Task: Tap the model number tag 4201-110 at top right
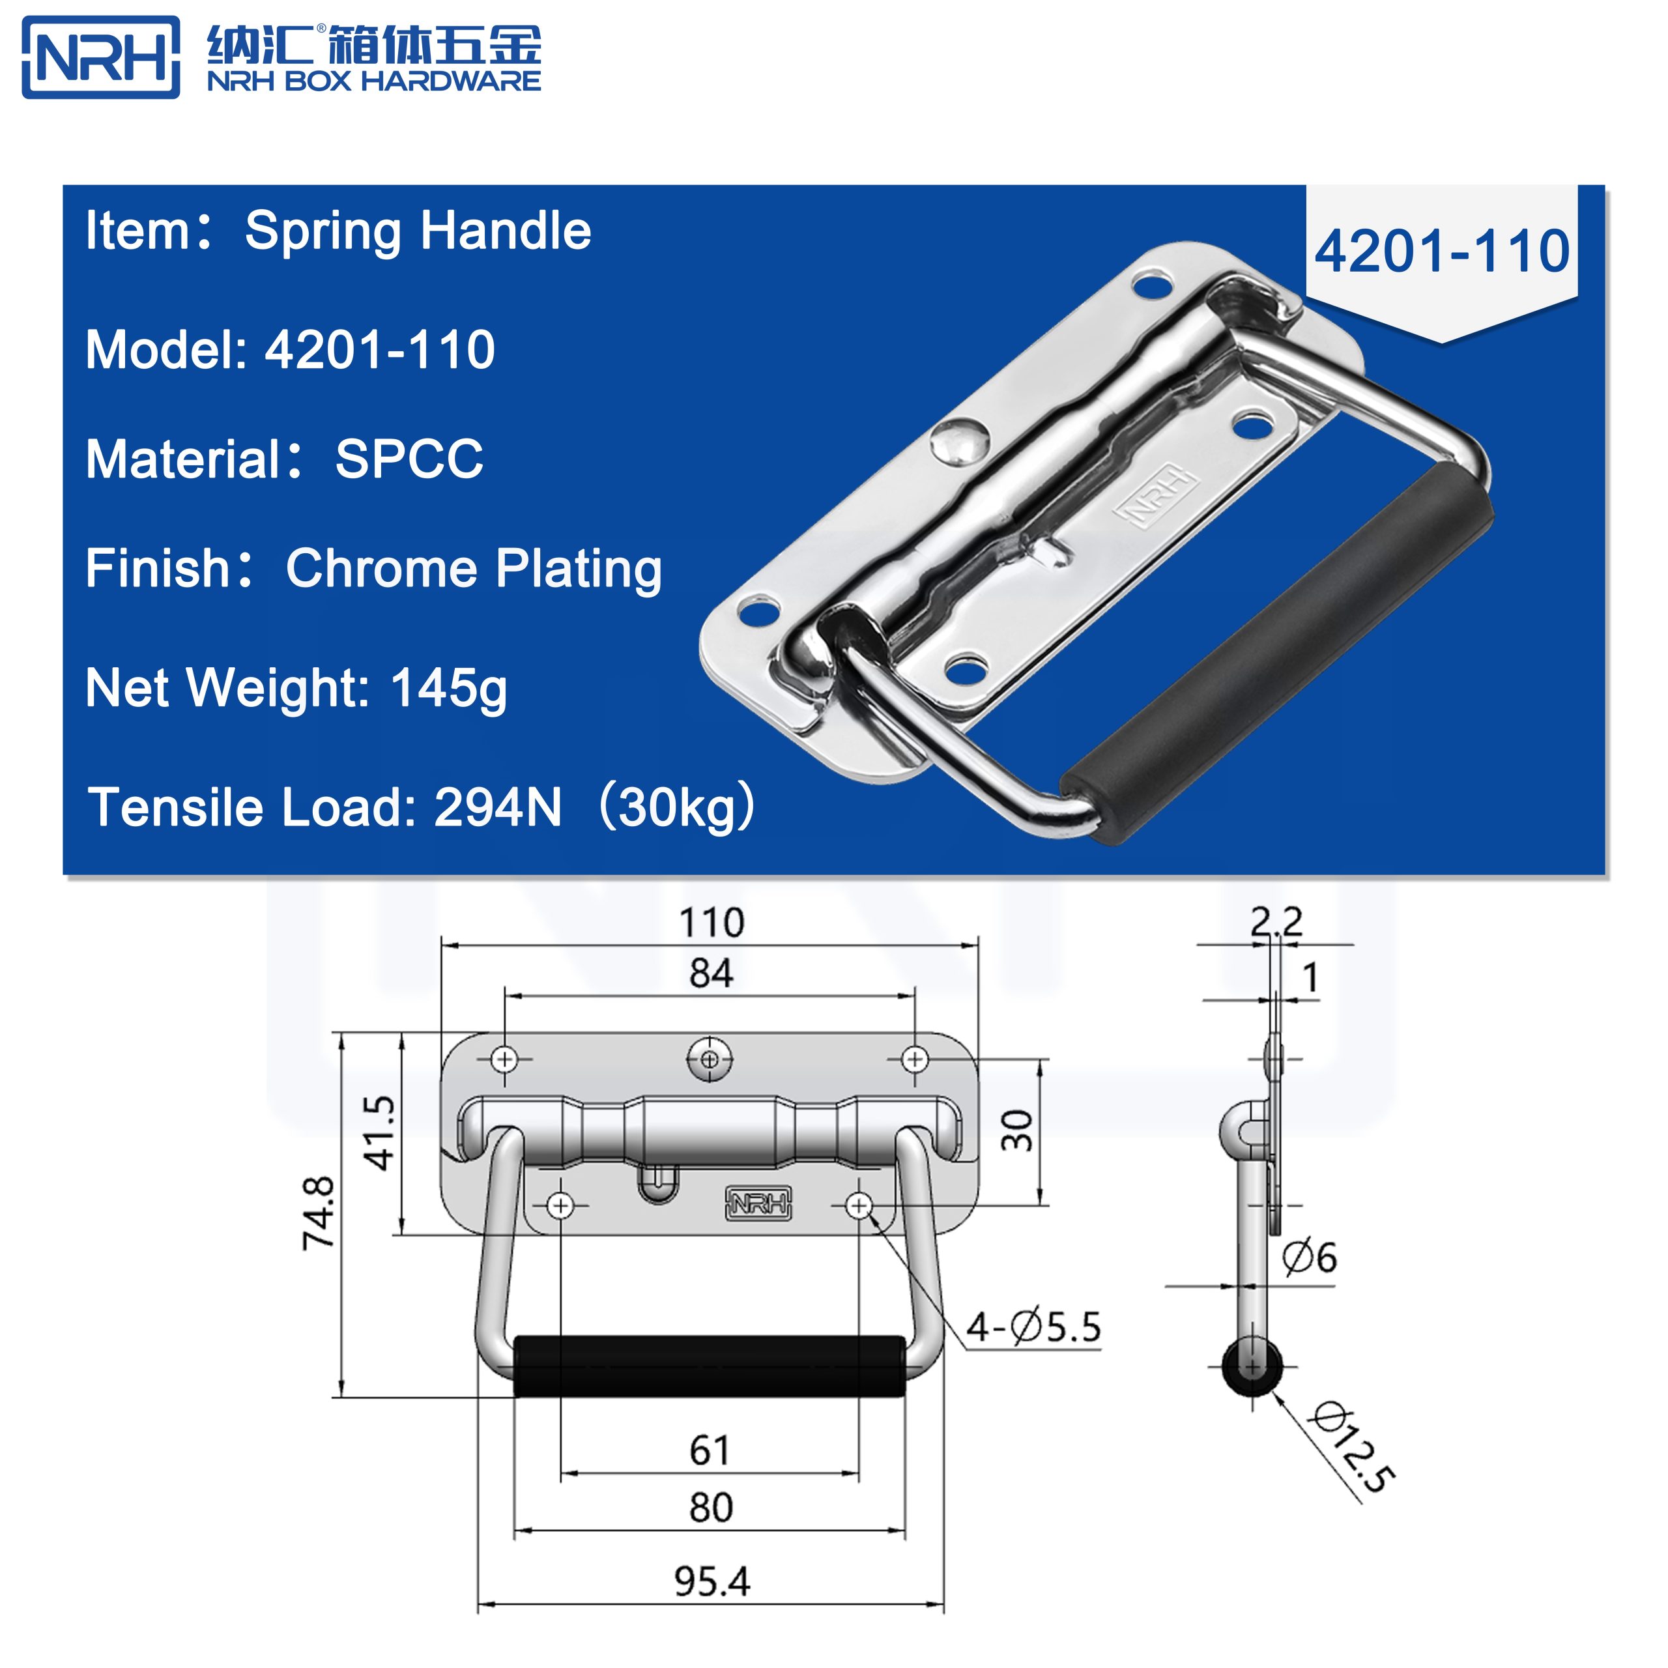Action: point(1441,252)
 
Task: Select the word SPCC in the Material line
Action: point(409,459)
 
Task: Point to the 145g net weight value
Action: point(449,688)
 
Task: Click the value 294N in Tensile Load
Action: point(497,807)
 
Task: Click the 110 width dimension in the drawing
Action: point(712,923)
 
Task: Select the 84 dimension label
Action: point(712,973)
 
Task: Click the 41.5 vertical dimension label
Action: point(380,1132)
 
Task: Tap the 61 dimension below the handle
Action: point(710,1450)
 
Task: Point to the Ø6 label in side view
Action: point(1309,1256)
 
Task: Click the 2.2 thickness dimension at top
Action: point(1276,921)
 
